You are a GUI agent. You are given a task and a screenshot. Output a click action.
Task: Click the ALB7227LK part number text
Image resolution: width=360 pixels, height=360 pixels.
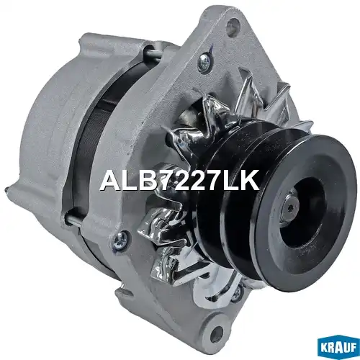tap(180, 181)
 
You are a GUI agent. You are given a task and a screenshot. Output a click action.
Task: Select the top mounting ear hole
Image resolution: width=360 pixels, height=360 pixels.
tap(233, 24)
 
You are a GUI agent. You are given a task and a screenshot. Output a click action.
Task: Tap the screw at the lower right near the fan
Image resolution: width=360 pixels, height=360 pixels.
tap(238, 292)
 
